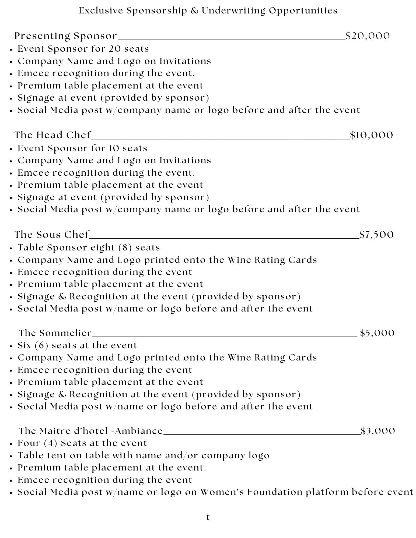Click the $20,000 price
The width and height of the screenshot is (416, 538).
(x=368, y=36)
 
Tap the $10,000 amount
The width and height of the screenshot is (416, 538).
(x=371, y=135)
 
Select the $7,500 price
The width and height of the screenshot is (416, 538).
(x=376, y=235)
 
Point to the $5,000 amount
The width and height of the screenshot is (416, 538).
(x=377, y=333)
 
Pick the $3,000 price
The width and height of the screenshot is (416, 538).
(x=378, y=431)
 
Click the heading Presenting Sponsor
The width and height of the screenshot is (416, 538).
(x=66, y=36)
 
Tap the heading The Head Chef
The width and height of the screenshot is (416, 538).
(x=53, y=135)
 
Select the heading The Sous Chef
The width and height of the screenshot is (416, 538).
(x=52, y=235)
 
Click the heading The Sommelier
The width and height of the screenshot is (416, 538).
(x=55, y=333)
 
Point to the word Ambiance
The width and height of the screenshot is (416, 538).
(x=139, y=431)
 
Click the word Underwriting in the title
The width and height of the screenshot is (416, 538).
(x=233, y=10)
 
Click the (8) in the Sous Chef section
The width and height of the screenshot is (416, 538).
(x=125, y=247)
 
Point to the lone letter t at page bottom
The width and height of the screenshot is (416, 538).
(x=208, y=517)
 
